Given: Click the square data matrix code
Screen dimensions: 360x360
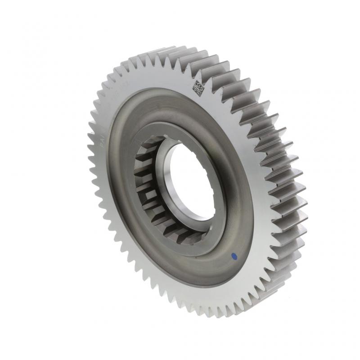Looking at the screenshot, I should tap(199, 87).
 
